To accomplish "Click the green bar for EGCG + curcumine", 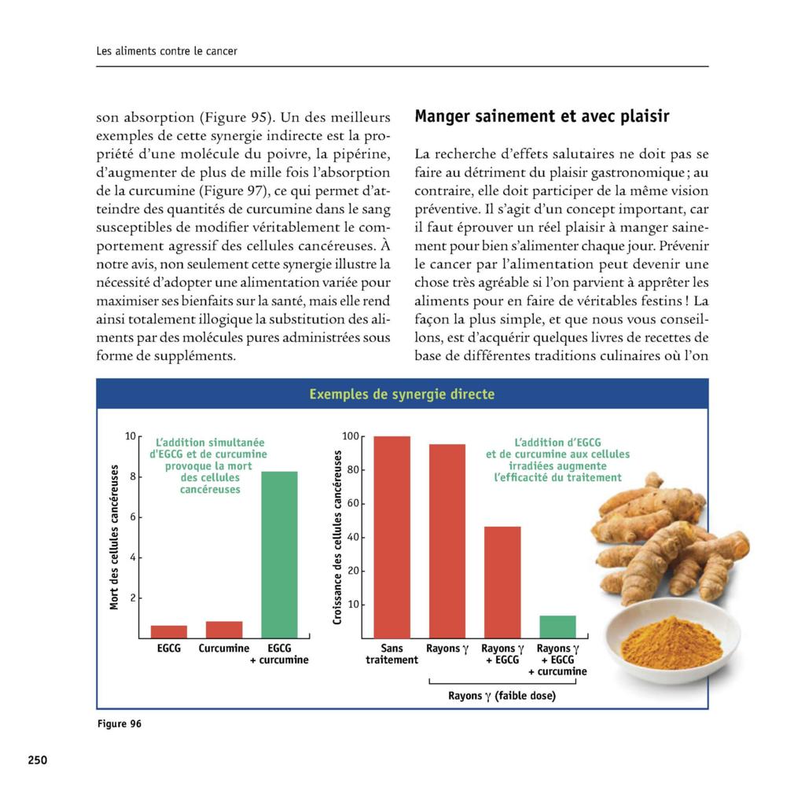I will coord(279,554).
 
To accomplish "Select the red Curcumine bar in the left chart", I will coord(224,630).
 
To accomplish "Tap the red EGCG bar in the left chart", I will coord(169,631).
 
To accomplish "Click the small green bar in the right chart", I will coord(557,627).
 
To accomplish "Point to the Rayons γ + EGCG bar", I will coord(502,582).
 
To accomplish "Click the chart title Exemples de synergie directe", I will coord(402,394).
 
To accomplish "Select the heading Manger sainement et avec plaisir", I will coord(542,117).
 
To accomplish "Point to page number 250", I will coord(38,760).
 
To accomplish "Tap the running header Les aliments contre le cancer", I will coord(167,51).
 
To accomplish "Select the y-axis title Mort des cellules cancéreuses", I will coord(114,537).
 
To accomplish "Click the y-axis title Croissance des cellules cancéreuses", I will coord(337,538).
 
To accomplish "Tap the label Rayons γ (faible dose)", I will coord(502,696).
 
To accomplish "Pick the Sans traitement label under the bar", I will coord(391,654).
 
